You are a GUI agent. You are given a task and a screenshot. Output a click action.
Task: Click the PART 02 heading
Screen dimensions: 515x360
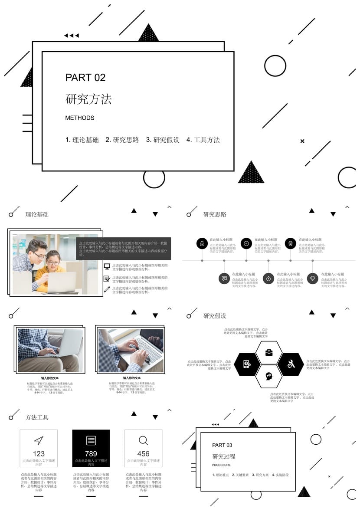point(85,78)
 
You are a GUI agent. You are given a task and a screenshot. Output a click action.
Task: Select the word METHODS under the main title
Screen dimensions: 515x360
point(80,118)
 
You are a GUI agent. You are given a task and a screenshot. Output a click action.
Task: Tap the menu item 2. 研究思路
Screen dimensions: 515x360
point(122,140)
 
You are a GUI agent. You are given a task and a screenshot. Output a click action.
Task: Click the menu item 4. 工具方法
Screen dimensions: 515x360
point(203,140)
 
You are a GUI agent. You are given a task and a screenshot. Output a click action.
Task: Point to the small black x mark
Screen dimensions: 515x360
point(302,141)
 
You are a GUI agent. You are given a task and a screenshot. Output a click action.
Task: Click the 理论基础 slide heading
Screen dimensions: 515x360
point(37,214)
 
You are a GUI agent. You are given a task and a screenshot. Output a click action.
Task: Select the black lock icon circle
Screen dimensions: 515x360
point(202,243)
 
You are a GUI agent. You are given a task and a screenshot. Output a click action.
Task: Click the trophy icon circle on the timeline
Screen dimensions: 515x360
point(313,279)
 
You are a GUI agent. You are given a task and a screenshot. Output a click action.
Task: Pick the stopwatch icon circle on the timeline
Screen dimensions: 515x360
point(268,279)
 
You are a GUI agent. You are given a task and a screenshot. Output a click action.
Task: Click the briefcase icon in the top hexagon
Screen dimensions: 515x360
point(269,352)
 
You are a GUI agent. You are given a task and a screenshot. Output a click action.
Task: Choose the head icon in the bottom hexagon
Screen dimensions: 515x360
point(269,376)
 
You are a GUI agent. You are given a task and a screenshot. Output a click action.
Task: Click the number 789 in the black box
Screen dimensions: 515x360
point(91,454)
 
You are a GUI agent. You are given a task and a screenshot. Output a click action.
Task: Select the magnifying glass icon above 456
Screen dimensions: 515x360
point(144,441)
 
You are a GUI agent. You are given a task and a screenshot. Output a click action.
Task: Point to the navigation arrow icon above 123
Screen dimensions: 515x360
point(39,440)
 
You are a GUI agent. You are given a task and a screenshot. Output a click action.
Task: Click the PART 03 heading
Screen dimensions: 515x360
point(222,445)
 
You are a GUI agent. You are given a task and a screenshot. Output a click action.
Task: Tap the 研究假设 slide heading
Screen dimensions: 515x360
point(215,316)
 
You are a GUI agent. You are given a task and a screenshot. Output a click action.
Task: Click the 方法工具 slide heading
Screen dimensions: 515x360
point(37,417)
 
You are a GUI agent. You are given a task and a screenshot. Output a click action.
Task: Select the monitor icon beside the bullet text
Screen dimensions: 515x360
point(107,266)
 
